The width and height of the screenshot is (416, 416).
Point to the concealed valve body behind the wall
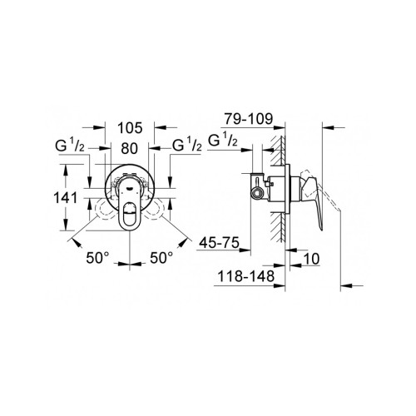pyautogui.click(x=268, y=187)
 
